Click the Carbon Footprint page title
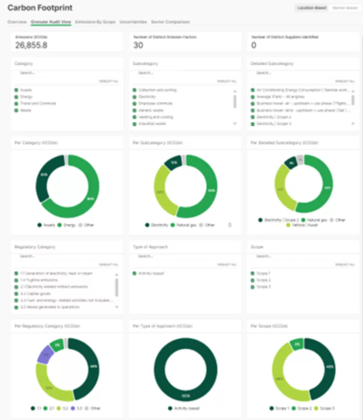[40, 8]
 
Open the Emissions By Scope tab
[95, 22]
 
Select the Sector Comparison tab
[171, 22]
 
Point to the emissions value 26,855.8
[31, 45]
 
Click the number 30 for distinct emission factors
[138, 45]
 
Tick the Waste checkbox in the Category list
[16, 110]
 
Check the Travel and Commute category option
[16, 104]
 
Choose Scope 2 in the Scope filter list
[253, 280]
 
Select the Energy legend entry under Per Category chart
[67, 225]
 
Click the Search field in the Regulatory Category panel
[63, 256]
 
